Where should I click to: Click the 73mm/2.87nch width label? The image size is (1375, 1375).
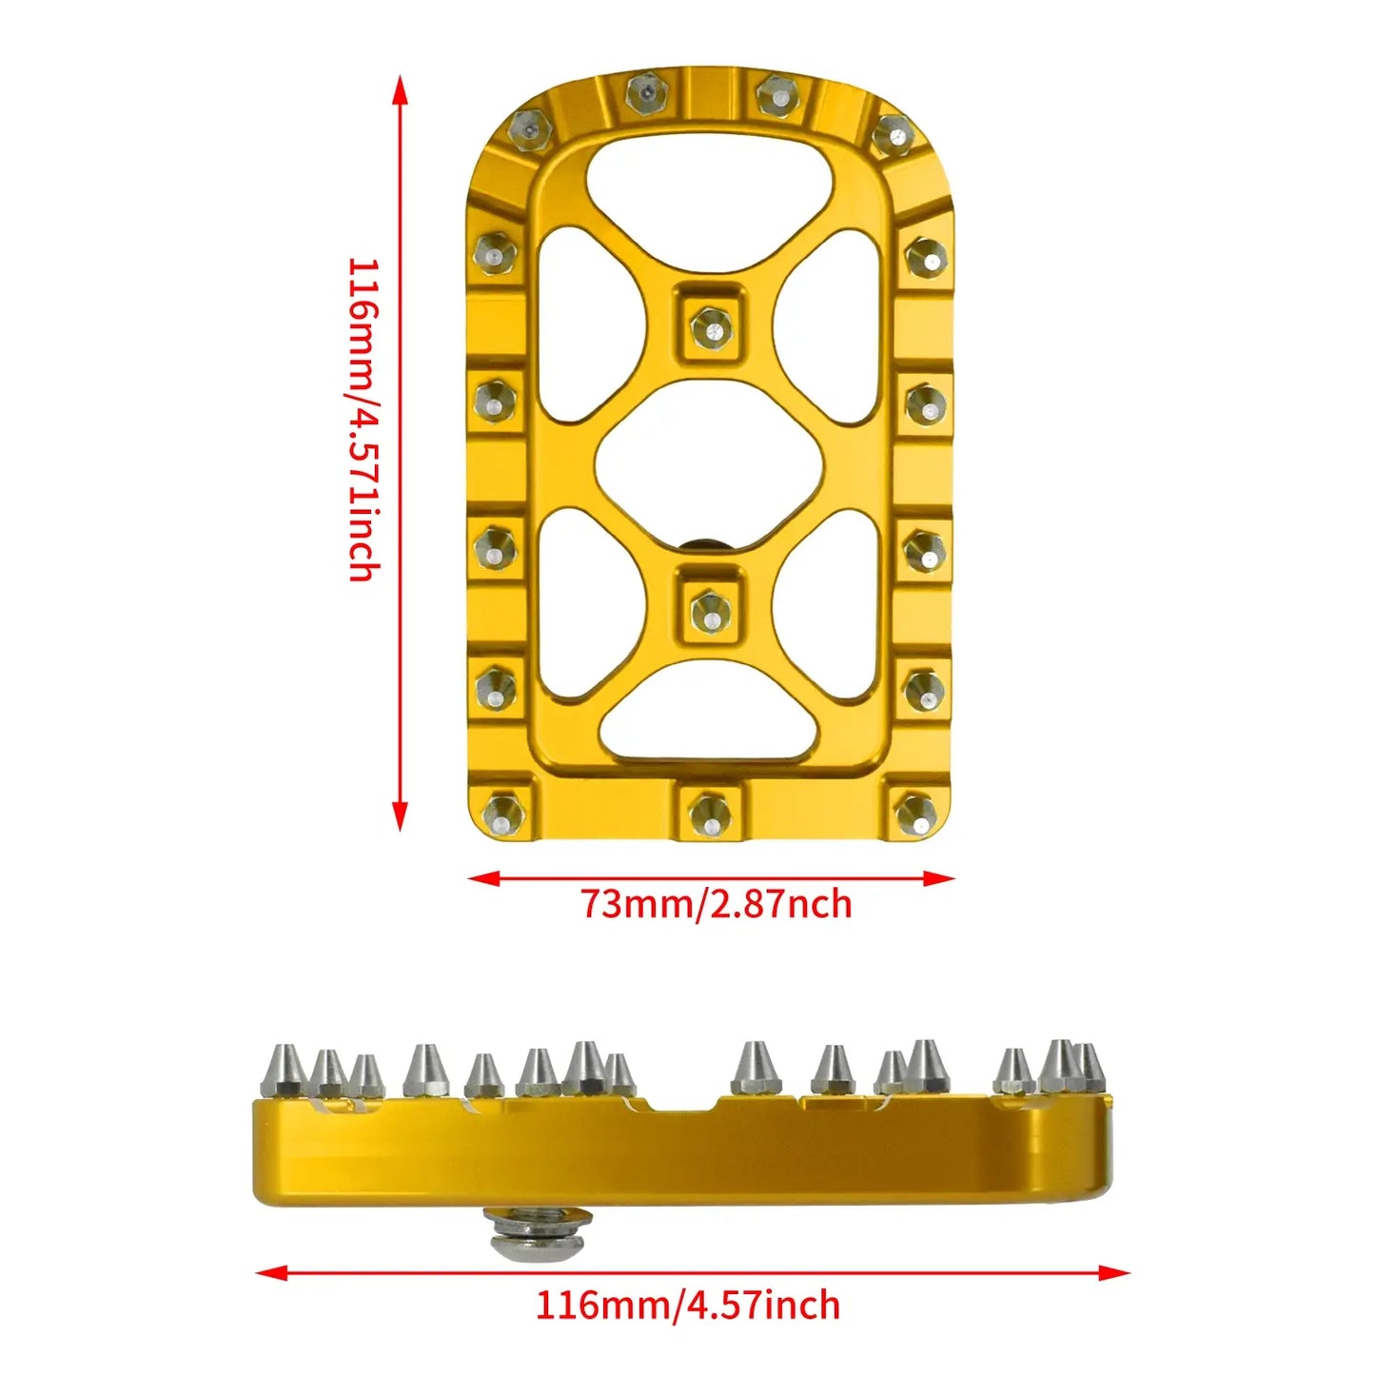[716, 903]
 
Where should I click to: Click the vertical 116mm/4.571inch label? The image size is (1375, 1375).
[363, 419]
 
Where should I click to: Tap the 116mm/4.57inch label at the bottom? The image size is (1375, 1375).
[687, 1304]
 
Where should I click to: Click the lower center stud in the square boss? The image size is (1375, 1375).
[709, 607]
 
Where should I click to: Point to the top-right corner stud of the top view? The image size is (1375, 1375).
[892, 133]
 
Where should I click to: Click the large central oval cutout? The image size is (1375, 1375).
[709, 466]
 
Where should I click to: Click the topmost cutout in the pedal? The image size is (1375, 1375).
[709, 186]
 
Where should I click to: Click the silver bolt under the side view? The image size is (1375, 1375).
[538, 1233]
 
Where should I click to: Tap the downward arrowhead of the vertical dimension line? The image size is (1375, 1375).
[401, 818]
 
